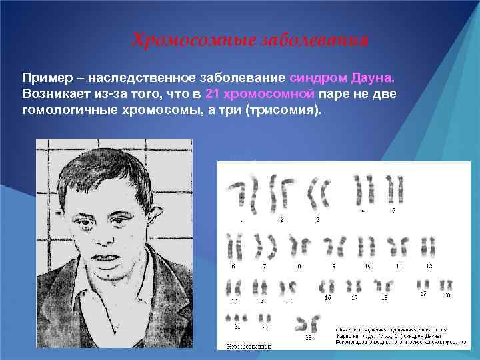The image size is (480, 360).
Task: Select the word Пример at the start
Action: (x=45, y=79)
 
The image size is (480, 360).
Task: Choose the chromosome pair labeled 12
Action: (x=429, y=247)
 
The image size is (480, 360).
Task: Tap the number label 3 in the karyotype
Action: (x=317, y=219)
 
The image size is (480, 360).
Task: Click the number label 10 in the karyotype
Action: (x=367, y=266)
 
